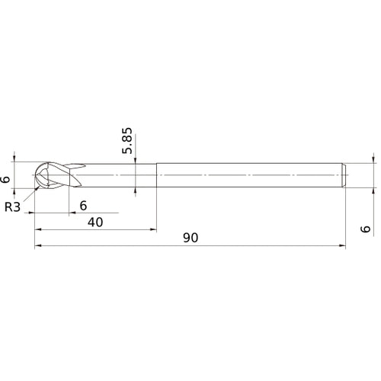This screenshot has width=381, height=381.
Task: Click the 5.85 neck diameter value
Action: tap(128, 140)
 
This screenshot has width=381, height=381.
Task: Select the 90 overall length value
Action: tap(190, 238)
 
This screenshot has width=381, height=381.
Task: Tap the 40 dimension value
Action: tap(95, 222)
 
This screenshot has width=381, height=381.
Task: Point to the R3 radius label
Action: tap(12, 206)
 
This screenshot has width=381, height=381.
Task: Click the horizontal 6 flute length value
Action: tap(83, 205)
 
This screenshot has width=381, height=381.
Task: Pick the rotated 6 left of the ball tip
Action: tap(5, 180)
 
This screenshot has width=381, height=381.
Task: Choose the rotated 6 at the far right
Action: tap(366, 229)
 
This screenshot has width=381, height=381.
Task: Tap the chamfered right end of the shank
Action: tap(344, 176)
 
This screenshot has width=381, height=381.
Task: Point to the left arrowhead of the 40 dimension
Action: tap(37, 229)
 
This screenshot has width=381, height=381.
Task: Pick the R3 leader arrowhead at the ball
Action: tap(36, 185)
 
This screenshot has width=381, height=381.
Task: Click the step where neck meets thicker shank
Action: tap(157, 176)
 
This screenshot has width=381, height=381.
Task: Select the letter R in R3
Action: tap(8, 206)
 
